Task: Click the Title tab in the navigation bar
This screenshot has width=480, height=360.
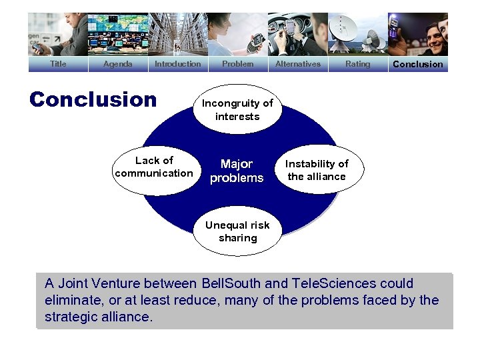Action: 58,64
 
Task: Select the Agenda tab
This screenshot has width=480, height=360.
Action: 117,64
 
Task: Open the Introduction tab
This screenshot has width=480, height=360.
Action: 177,64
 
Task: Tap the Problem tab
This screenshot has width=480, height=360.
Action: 237,64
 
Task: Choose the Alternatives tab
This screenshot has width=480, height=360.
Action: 297,64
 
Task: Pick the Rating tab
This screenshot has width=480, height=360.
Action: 357,64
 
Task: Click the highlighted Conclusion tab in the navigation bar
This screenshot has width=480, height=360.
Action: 417,64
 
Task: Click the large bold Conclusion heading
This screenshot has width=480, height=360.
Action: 93,100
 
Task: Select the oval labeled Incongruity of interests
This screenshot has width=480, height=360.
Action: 237,109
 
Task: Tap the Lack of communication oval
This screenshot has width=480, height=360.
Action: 154,167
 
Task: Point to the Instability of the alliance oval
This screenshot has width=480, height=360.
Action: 317,170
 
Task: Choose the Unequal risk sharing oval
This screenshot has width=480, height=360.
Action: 237,231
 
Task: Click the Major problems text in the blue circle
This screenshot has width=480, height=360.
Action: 237,171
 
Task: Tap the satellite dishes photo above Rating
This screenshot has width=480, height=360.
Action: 357,34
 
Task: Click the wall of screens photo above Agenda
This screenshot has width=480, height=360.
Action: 117,34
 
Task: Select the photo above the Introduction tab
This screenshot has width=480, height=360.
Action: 177,34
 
